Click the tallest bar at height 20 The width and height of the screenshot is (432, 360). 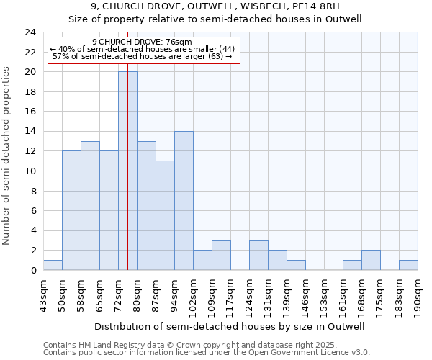[x=127, y=171]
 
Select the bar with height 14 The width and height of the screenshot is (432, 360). [x=184, y=201]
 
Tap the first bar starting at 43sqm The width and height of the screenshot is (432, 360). [x=53, y=265]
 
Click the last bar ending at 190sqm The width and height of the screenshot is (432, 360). [x=408, y=265]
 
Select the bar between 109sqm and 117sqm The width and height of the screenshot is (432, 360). [x=221, y=255]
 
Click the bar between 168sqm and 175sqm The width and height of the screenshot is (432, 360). [x=371, y=260]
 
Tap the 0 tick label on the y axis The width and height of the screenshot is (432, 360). [x=33, y=271]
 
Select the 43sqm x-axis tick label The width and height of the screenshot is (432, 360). [x=43, y=293]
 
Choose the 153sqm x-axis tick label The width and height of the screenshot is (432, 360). [x=324, y=293]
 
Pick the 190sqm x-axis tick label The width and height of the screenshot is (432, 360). [x=418, y=293]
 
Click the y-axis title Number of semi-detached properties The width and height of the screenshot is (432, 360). [x=7, y=156]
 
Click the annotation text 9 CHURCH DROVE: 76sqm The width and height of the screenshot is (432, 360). [x=142, y=42]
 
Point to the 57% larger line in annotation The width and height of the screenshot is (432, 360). [x=142, y=56]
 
